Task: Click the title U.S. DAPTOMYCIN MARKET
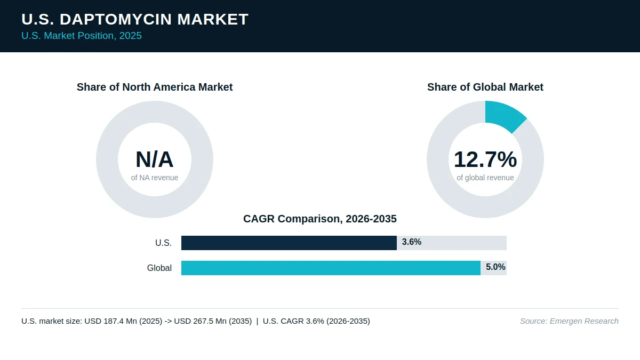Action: (135, 19)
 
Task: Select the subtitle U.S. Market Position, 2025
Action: (82, 36)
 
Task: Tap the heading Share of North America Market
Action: (155, 87)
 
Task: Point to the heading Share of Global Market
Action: (485, 87)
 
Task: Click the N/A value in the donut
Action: (155, 159)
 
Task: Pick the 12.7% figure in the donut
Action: (485, 159)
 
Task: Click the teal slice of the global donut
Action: (505, 115)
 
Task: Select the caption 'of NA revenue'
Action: (155, 178)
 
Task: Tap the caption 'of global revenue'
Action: (485, 178)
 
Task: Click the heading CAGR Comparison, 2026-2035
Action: (320, 219)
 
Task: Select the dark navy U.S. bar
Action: (289, 243)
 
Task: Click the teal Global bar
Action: (331, 268)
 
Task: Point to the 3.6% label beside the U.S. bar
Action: (411, 242)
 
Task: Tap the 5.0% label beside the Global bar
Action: (495, 267)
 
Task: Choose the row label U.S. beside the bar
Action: (163, 243)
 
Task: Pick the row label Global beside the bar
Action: (159, 268)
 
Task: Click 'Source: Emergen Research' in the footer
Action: (569, 321)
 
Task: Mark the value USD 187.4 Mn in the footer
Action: (111, 321)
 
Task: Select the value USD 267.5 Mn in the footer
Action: (201, 321)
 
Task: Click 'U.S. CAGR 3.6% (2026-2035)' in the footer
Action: (316, 321)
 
